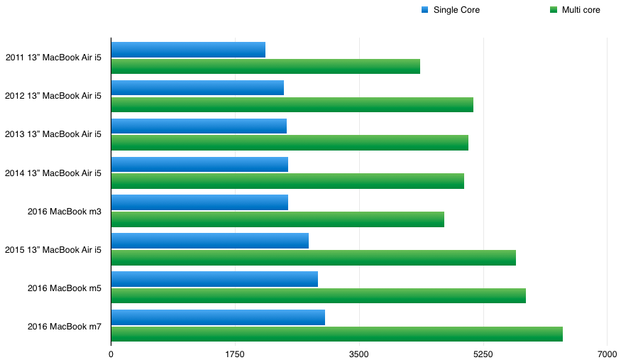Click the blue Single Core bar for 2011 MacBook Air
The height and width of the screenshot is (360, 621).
pyautogui.click(x=188, y=50)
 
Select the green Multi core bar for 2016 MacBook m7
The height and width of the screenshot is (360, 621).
pyautogui.click(x=336, y=334)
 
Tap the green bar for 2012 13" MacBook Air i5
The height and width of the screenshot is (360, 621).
pyautogui.click(x=292, y=104)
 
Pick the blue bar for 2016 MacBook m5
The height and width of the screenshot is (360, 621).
pyautogui.click(x=214, y=278)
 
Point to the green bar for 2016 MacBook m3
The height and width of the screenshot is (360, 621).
pyautogui.click(x=277, y=219)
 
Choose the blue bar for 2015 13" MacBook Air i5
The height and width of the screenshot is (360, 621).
pyautogui.click(x=209, y=240)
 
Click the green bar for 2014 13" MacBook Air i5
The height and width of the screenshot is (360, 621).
pyautogui.click(x=287, y=181)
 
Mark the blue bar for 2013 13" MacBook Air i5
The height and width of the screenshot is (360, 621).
pyautogui.click(x=199, y=126)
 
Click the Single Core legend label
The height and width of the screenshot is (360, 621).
pyautogui.click(x=456, y=10)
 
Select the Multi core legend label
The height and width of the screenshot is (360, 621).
pyautogui.click(x=581, y=10)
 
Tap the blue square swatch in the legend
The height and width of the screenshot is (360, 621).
pyautogui.click(x=424, y=10)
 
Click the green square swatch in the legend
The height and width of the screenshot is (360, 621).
pyautogui.click(x=554, y=10)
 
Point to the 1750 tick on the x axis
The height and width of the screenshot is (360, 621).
pyautogui.click(x=235, y=353)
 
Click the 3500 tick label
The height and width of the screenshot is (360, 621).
pyautogui.click(x=359, y=353)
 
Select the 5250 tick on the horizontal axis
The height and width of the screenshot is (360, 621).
pyautogui.click(x=483, y=353)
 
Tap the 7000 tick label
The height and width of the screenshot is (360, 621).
pyautogui.click(x=607, y=353)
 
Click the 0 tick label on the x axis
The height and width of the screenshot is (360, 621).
pyautogui.click(x=111, y=353)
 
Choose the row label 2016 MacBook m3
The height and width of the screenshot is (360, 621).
pyautogui.click(x=64, y=212)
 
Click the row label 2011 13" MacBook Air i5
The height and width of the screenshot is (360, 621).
pyautogui.click(x=53, y=58)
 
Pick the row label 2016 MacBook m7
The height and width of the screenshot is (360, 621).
pyautogui.click(x=64, y=327)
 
